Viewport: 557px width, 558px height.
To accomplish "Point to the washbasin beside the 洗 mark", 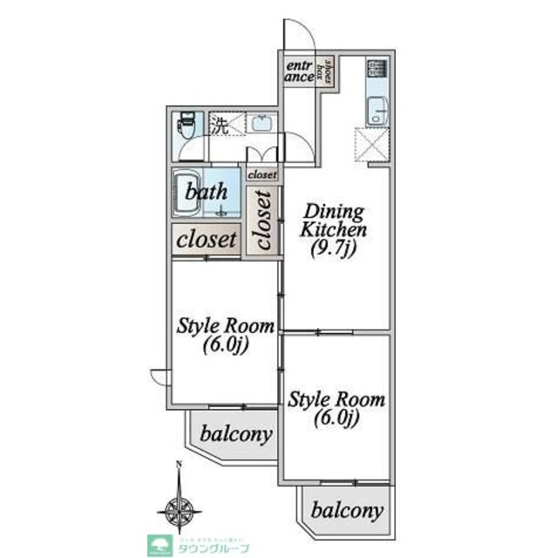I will (261, 125).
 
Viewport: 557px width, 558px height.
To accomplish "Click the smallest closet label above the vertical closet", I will (262, 174).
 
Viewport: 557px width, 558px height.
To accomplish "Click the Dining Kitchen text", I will (335, 220).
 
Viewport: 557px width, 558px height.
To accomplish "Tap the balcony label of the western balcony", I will (234, 433).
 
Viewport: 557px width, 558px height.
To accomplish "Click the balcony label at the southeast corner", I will (347, 510).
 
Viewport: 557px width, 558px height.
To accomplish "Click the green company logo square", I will (161, 543).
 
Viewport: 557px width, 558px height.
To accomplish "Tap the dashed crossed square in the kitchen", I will (370, 143).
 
